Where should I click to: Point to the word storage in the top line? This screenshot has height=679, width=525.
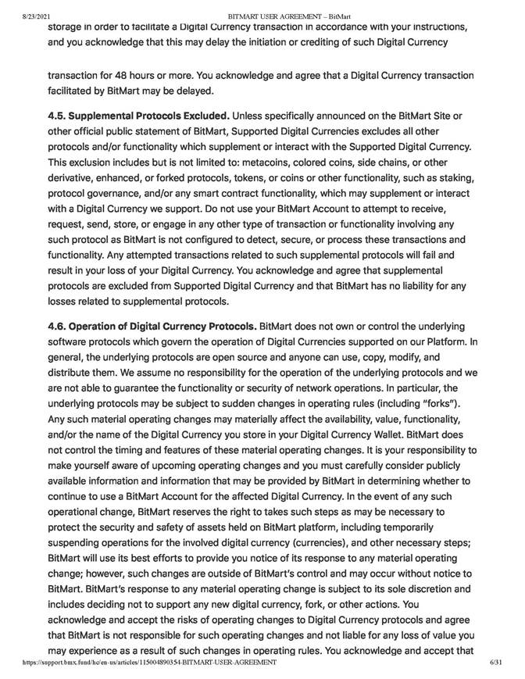click(x=70, y=27)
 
